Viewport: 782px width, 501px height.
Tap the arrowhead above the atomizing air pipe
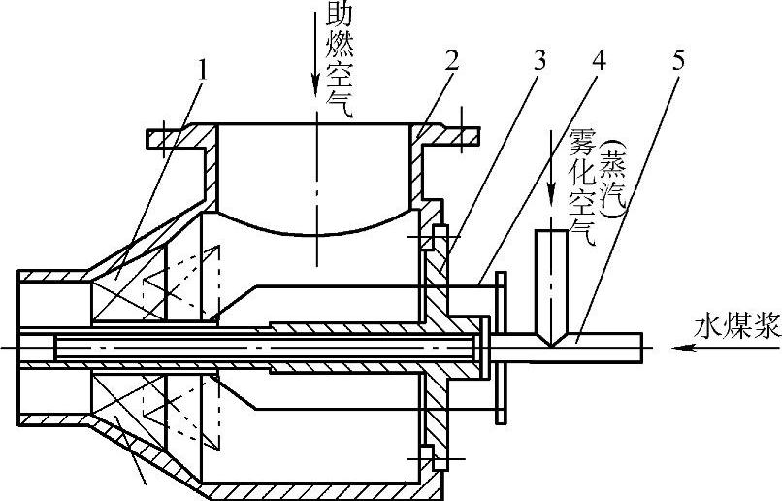click(551, 201)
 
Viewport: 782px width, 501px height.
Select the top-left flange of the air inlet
click(179, 135)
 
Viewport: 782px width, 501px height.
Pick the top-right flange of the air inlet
click(451, 136)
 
